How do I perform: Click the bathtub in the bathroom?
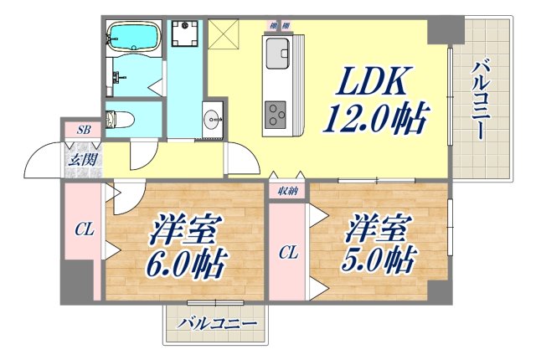pyautogui.click(x=133, y=37)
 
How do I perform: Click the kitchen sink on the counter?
pyautogui.click(x=277, y=56)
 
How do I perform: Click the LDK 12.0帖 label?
pyautogui.click(x=373, y=99)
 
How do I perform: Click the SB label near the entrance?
pyautogui.click(x=84, y=130)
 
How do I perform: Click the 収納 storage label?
pyautogui.click(x=287, y=192)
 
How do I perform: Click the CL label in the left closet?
pyautogui.click(x=83, y=229)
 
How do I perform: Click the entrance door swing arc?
pyautogui.click(x=42, y=162)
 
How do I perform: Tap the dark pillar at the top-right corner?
pyautogui.click(x=442, y=29)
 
